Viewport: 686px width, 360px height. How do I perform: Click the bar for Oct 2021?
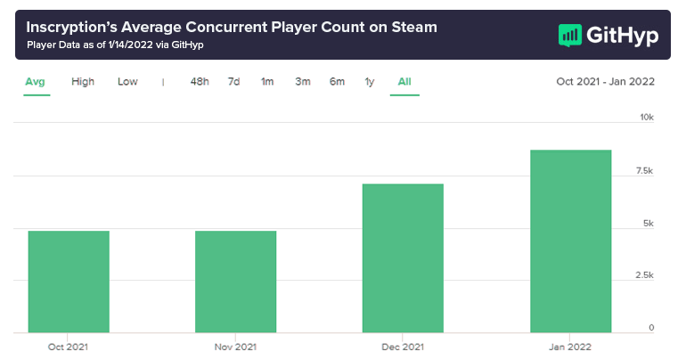[69, 282]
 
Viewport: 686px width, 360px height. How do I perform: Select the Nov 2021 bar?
[236, 282]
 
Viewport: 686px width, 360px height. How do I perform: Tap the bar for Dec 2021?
[403, 258]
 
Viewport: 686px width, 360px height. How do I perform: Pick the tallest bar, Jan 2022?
[570, 241]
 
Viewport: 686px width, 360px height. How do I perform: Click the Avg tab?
[35, 82]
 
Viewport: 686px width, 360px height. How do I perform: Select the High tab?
[83, 82]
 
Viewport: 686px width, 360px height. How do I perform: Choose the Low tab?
[127, 82]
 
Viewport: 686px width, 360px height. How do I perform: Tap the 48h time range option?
[200, 82]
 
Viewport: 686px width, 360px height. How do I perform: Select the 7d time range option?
[233, 82]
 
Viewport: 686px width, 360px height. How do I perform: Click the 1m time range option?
[267, 82]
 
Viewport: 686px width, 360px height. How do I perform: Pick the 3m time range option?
[303, 82]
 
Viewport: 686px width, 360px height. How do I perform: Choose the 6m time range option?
[337, 82]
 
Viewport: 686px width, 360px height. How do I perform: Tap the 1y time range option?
[370, 82]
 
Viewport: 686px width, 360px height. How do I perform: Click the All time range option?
[404, 82]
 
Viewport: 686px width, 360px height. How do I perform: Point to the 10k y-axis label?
[647, 118]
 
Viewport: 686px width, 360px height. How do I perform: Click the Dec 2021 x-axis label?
[403, 347]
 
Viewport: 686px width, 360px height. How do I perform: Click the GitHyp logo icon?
[570, 35]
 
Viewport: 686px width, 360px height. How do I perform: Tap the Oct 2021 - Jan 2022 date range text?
[605, 82]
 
